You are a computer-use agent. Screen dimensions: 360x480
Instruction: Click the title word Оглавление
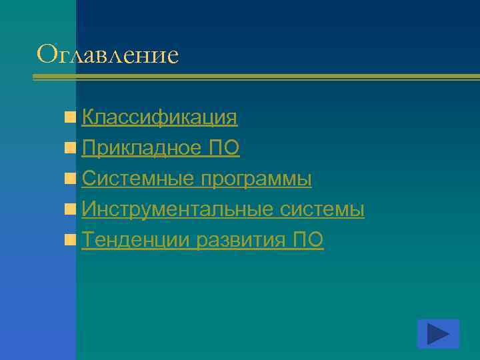tap(108, 54)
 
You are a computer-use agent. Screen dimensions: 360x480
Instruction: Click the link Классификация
tap(159, 117)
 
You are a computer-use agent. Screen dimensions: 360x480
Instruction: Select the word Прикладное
tap(137, 148)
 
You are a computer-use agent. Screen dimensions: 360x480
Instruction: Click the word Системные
tap(137, 179)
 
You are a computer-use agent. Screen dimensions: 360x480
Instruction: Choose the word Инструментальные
tap(177, 209)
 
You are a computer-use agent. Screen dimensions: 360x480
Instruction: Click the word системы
tap(322, 209)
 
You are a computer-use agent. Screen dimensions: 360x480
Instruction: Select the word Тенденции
tap(136, 240)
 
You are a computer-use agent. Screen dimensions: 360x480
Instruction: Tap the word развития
tap(242, 240)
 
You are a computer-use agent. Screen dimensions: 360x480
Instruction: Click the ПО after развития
tap(308, 240)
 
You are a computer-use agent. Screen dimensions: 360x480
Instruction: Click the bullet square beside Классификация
tap(70, 118)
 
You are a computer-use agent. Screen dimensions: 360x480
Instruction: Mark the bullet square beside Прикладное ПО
tap(70, 149)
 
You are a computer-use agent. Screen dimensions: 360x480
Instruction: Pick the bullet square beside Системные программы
tap(70, 179)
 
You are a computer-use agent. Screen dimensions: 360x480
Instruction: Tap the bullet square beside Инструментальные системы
tap(70, 210)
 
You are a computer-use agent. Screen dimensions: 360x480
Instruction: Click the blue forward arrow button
tap(438, 334)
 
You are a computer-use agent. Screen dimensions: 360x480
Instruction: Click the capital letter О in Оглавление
tap(47, 53)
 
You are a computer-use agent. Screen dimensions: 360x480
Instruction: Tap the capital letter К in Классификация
tap(88, 117)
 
